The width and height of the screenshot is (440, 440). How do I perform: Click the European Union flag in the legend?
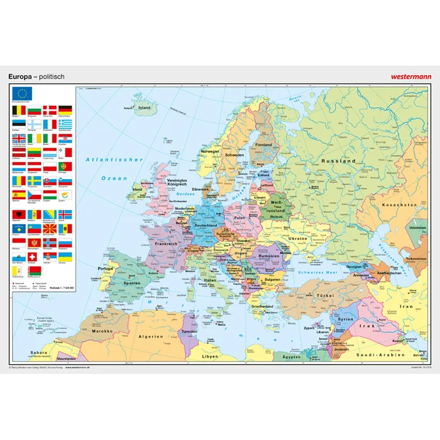point(24,94)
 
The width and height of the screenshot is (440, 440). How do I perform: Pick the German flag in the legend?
point(65,110)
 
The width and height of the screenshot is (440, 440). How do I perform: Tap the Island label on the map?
point(144,107)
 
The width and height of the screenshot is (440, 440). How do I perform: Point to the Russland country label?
point(339,162)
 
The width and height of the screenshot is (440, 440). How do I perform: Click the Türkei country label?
point(326,295)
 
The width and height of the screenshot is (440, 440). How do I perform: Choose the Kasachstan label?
point(400,205)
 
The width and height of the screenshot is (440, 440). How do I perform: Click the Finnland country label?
point(263,145)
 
